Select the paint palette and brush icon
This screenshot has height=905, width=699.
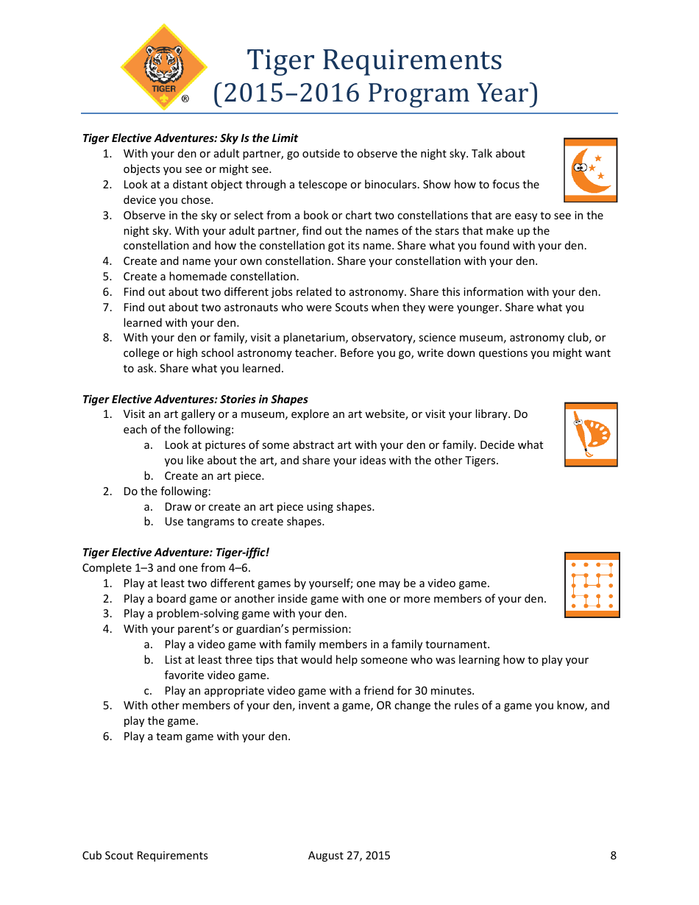(591, 434)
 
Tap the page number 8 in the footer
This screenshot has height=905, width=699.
(613, 856)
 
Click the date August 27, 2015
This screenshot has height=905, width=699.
(349, 856)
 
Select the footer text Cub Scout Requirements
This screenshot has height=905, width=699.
(145, 856)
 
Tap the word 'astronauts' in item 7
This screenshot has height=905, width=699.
(241, 308)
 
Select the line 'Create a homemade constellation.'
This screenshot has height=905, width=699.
(211, 277)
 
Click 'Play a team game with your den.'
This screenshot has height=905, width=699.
(207, 737)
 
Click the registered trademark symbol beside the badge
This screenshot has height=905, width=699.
(185, 99)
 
